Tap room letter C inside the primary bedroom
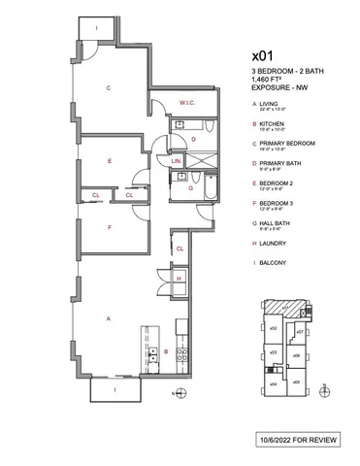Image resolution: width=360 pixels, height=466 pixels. pos(109,88)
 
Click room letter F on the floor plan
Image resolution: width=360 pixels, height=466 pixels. pos(111,228)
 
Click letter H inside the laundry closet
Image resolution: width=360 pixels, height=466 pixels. pos(180,280)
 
